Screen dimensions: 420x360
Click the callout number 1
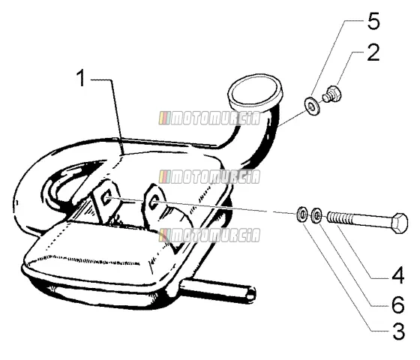(81, 78)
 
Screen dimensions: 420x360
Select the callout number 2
(373, 52)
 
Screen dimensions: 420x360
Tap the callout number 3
(398, 331)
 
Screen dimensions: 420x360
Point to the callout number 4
(397, 275)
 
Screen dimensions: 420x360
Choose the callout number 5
(373, 21)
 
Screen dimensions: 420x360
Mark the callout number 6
(398, 304)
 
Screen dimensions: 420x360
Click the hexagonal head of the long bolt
(399, 223)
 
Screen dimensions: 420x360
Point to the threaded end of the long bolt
(339, 217)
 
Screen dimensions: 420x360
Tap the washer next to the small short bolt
(311, 106)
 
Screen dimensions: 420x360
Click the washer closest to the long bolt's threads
(316, 214)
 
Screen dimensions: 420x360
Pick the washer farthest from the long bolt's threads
(302, 214)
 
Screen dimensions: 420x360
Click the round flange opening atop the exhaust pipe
(255, 90)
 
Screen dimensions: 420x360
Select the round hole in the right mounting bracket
(154, 202)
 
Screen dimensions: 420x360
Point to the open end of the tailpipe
(251, 295)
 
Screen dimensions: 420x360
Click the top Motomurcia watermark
(209, 118)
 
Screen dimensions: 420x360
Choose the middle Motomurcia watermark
(209, 177)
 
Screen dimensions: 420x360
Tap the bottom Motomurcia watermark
(209, 235)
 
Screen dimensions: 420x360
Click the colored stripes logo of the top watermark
(164, 118)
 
